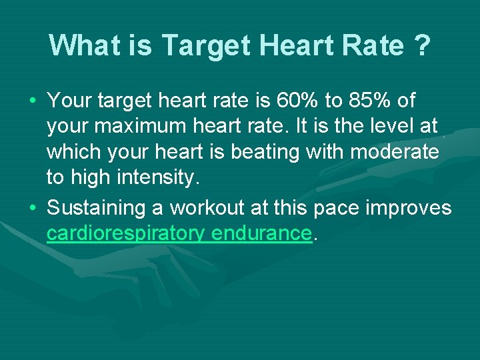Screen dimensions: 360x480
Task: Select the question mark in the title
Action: [421, 46]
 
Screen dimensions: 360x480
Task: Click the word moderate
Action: [394, 152]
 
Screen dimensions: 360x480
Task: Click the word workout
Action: [207, 208]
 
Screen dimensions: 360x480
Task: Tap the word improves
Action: [410, 208]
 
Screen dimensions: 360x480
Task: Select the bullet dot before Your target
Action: [33, 101]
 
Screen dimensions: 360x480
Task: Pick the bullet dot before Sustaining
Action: [33, 208]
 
